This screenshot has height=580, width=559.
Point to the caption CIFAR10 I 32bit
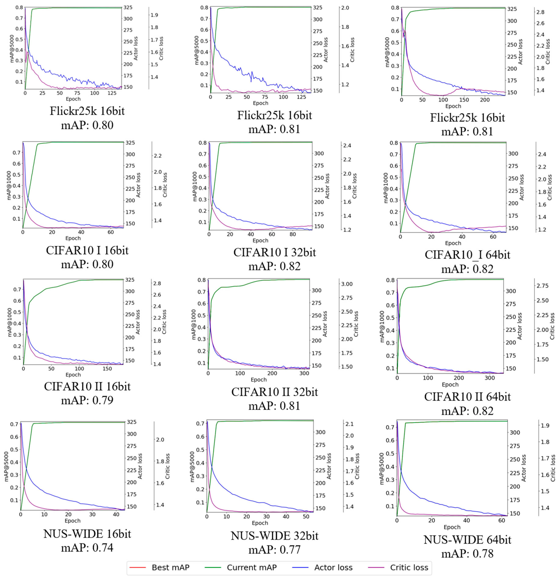(275, 252)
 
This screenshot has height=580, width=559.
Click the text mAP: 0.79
(87, 400)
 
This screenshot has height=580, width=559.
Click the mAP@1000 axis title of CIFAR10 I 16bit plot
(9, 185)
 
